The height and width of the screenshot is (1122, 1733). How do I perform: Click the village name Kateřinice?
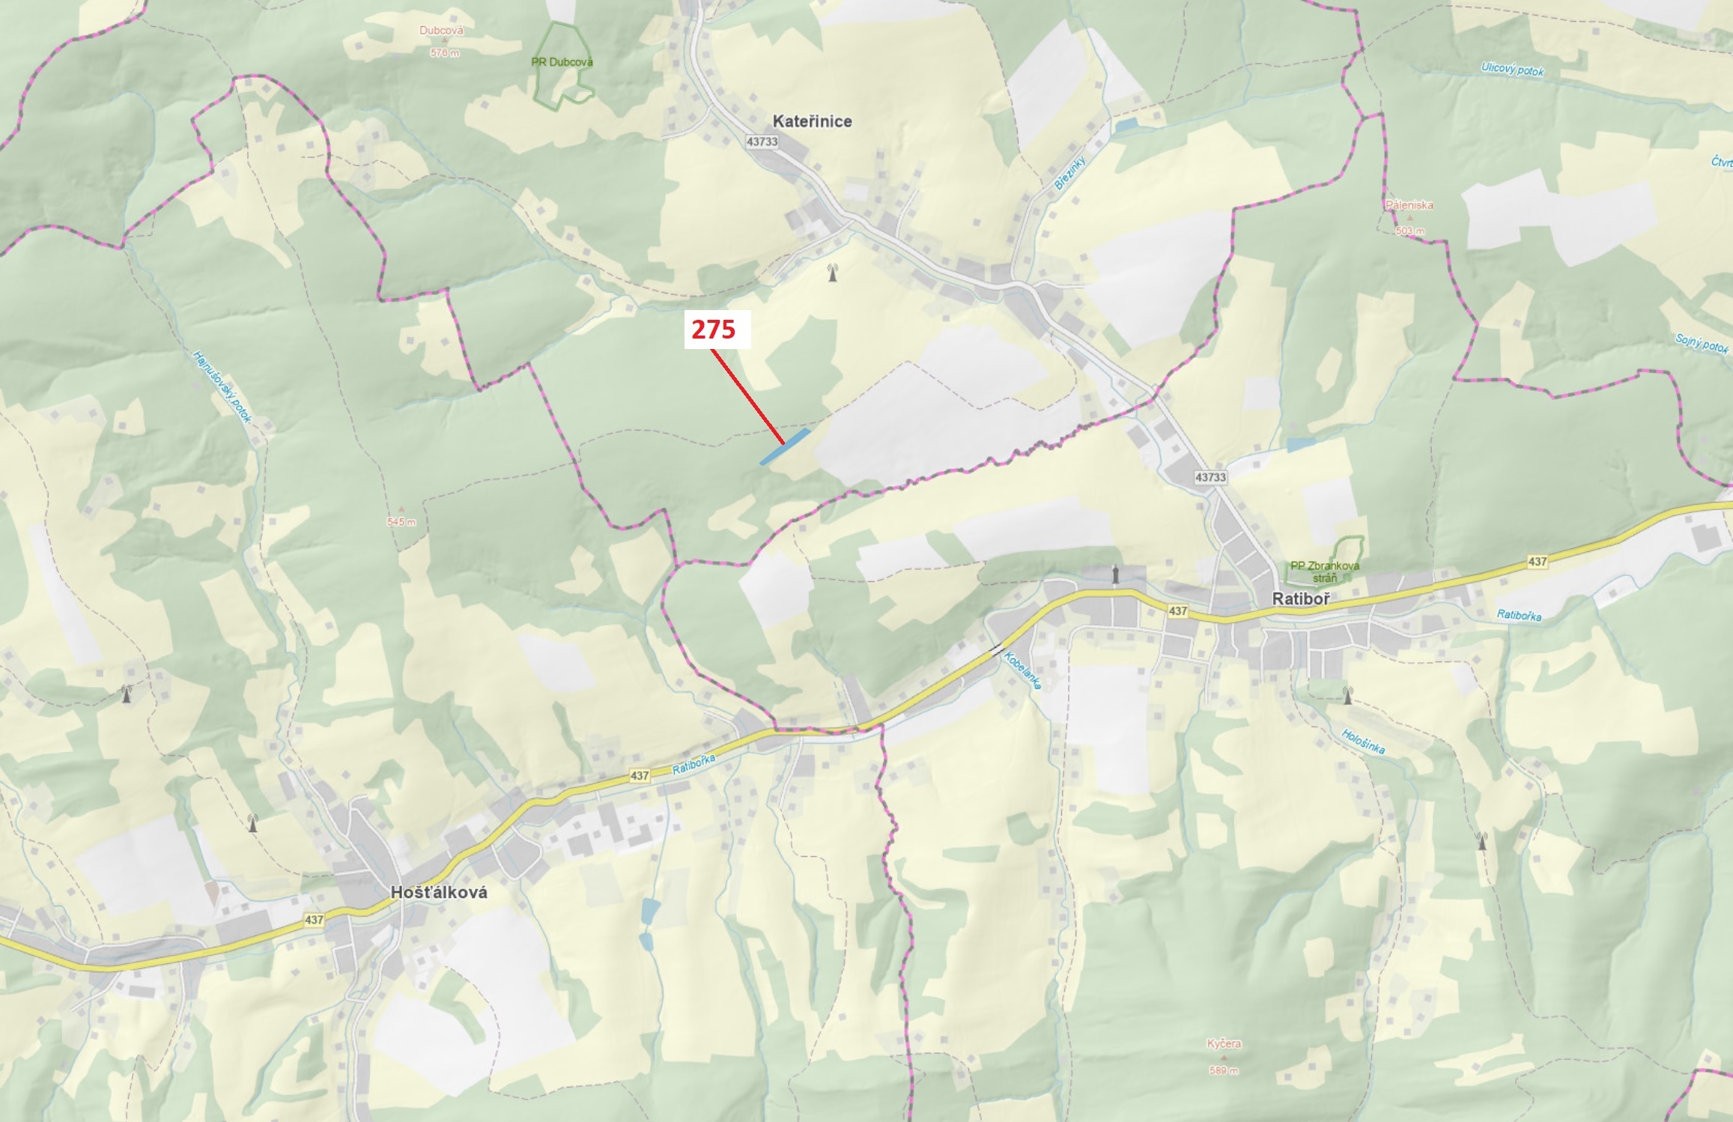812,121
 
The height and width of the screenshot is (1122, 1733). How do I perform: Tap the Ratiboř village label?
1301,599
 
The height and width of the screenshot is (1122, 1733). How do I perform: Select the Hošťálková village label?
439,892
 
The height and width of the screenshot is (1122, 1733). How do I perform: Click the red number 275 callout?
714,330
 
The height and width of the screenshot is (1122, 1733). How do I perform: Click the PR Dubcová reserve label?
562,62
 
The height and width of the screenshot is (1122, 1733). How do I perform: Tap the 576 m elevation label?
444,53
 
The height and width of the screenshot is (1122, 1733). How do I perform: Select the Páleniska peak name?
1409,205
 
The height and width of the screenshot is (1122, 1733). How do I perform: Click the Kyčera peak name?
1224,1043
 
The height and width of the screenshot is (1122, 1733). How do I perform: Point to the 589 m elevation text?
1224,1070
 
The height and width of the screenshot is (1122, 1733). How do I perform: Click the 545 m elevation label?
401,522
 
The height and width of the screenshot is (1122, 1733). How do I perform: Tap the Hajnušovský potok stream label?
222,386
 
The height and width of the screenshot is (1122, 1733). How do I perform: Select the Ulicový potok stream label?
1512,70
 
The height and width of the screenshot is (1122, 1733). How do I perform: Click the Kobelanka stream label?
1022,670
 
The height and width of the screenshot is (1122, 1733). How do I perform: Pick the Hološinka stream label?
1363,742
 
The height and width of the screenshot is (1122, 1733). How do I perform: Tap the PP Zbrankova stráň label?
1324,571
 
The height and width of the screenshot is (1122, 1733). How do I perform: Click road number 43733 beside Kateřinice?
762,142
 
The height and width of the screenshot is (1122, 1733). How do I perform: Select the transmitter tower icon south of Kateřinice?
832,273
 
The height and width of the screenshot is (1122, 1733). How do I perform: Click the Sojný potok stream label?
1702,342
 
